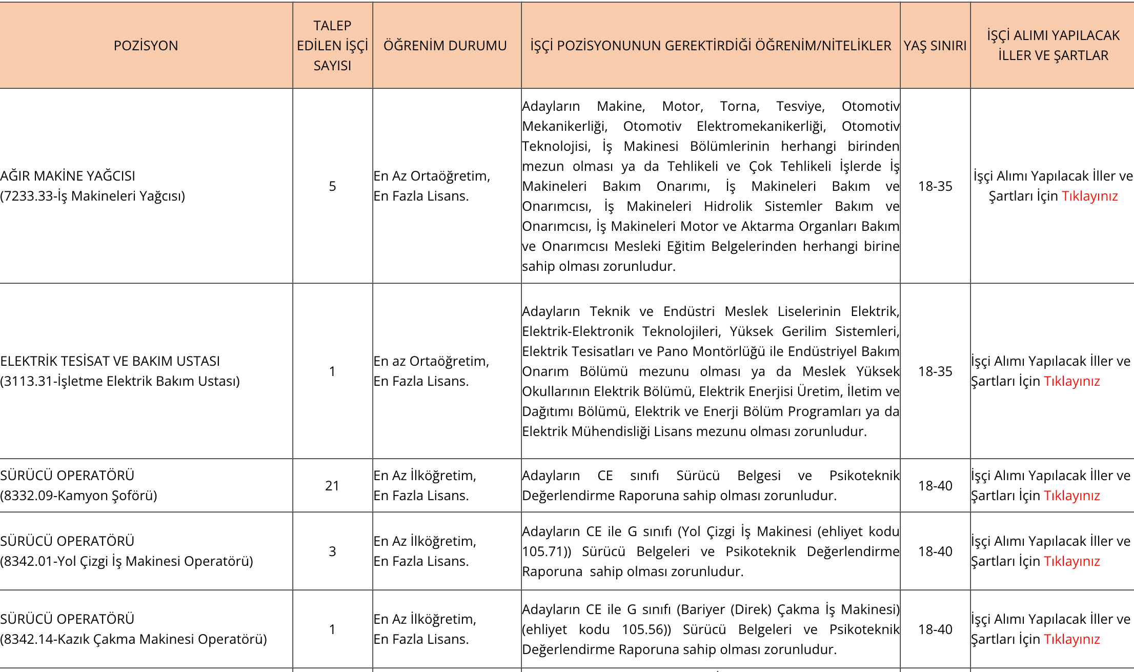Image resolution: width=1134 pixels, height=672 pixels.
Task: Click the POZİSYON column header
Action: [x=146, y=46]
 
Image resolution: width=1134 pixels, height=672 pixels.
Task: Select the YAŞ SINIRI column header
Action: [x=935, y=46]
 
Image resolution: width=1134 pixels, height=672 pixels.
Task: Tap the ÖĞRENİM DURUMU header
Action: [x=445, y=46]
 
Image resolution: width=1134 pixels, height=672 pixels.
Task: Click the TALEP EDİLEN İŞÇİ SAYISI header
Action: [x=332, y=46]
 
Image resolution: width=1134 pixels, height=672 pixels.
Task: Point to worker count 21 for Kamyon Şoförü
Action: [x=332, y=486]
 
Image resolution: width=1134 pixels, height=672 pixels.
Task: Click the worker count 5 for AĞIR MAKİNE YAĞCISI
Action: [x=332, y=186]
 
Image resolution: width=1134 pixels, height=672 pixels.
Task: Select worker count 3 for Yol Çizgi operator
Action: [x=332, y=551]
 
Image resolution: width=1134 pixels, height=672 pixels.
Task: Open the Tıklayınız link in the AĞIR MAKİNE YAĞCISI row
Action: [x=1089, y=196]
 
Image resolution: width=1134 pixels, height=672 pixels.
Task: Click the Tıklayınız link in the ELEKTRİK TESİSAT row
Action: [x=1071, y=381]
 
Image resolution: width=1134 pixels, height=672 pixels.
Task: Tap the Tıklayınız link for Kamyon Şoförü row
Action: [x=1071, y=496]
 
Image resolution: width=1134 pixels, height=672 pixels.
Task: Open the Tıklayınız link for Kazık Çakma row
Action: [x=1071, y=639]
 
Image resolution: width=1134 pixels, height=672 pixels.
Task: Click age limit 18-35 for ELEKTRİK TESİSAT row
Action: [x=935, y=371]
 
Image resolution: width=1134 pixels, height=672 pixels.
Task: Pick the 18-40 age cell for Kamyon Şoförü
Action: [x=935, y=486]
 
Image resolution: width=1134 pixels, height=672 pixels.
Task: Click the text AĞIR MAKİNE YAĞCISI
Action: [x=68, y=176]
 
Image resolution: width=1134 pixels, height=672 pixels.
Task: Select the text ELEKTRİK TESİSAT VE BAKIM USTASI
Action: [x=110, y=361]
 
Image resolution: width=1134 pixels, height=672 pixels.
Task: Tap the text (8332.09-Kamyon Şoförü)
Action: [x=78, y=496]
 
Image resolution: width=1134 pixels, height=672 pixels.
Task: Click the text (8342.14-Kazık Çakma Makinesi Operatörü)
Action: [x=133, y=639]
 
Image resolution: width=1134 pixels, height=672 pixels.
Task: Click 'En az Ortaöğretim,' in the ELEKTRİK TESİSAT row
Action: [x=431, y=361]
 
